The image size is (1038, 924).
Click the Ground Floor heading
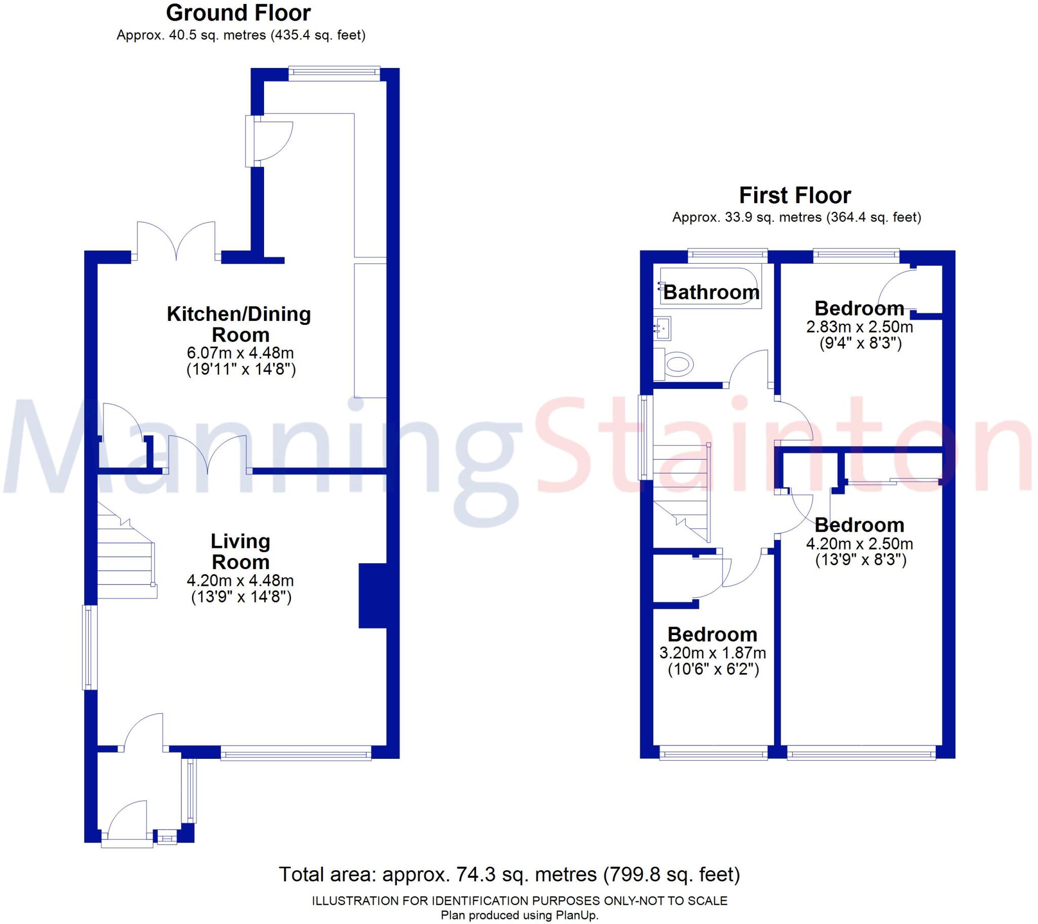pos(238,13)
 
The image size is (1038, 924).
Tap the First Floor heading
pos(795,195)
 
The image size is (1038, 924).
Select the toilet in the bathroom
pos(678,364)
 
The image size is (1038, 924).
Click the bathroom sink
pos(663,327)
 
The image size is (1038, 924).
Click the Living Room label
pos(240,551)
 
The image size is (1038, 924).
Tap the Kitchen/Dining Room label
pos(239,324)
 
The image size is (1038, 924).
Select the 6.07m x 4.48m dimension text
pos(240,353)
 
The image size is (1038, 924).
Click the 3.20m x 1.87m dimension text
pos(713,653)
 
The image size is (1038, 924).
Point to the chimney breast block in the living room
pos(373,596)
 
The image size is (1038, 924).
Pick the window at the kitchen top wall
pos(334,73)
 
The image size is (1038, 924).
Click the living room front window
pos(296,753)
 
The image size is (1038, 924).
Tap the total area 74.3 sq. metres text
pos(509,874)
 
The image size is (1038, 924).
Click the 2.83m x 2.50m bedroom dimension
pos(859,326)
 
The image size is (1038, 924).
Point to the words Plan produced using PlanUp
pos(519,915)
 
